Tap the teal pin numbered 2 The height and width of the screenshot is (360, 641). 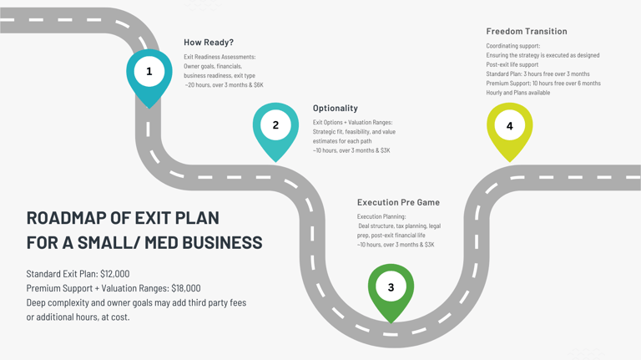[x=275, y=129]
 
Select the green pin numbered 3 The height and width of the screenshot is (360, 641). [x=391, y=291]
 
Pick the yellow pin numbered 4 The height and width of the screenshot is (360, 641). [x=509, y=129]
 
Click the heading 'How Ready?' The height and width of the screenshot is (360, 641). [x=209, y=42]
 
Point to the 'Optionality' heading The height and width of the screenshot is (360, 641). [x=336, y=108]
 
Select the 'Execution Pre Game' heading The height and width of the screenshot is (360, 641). [x=398, y=202]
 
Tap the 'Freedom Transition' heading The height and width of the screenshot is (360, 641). [x=527, y=31]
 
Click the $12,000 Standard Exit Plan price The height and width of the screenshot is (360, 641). [x=115, y=274]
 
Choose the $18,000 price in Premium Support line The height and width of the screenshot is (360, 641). [x=186, y=288]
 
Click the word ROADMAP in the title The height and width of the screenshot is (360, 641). [x=66, y=218]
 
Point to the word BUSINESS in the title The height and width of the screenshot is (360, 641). [x=222, y=242]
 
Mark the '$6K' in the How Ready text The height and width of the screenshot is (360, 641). [x=259, y=85]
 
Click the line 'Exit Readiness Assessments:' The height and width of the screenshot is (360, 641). [x=220, y=57]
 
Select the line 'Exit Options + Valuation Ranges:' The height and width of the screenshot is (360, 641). [x=352, y=122]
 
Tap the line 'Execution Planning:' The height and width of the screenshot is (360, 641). [x=381, y=216]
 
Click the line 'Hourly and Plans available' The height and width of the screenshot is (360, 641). [x=518, y=93]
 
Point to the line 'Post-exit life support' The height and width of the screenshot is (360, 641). [x=512, y=64]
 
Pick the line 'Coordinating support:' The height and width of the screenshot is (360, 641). [x=513, y=46]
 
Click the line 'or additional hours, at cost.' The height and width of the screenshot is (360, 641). [x=78, y=317]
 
